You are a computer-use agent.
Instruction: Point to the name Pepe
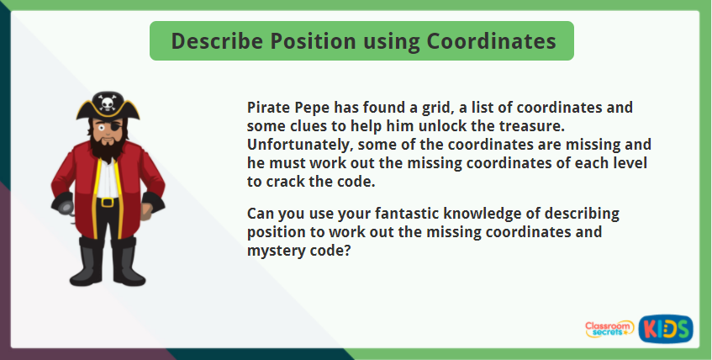[314, 109]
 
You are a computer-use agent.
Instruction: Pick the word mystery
[276, 250]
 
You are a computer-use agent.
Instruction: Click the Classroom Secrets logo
[609, 329]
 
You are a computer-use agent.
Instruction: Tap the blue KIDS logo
[666, 328]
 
